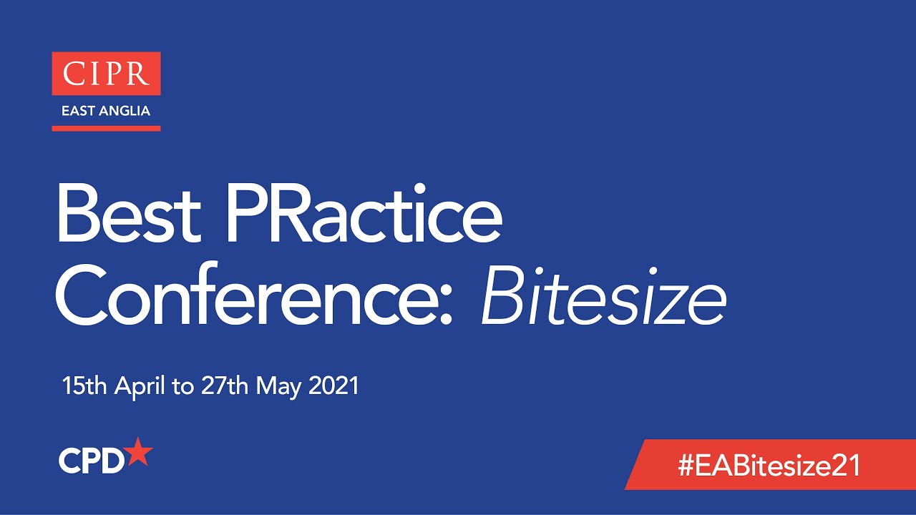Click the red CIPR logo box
pos(106,74)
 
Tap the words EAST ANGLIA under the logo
pos(106,112)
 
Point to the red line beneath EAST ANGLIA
pos(106,129)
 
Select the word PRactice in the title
pos(364,213)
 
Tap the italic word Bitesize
pos(603,295)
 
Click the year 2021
pos(333,387)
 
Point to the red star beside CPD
pos(139,453)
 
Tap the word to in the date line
pos(183,388)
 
